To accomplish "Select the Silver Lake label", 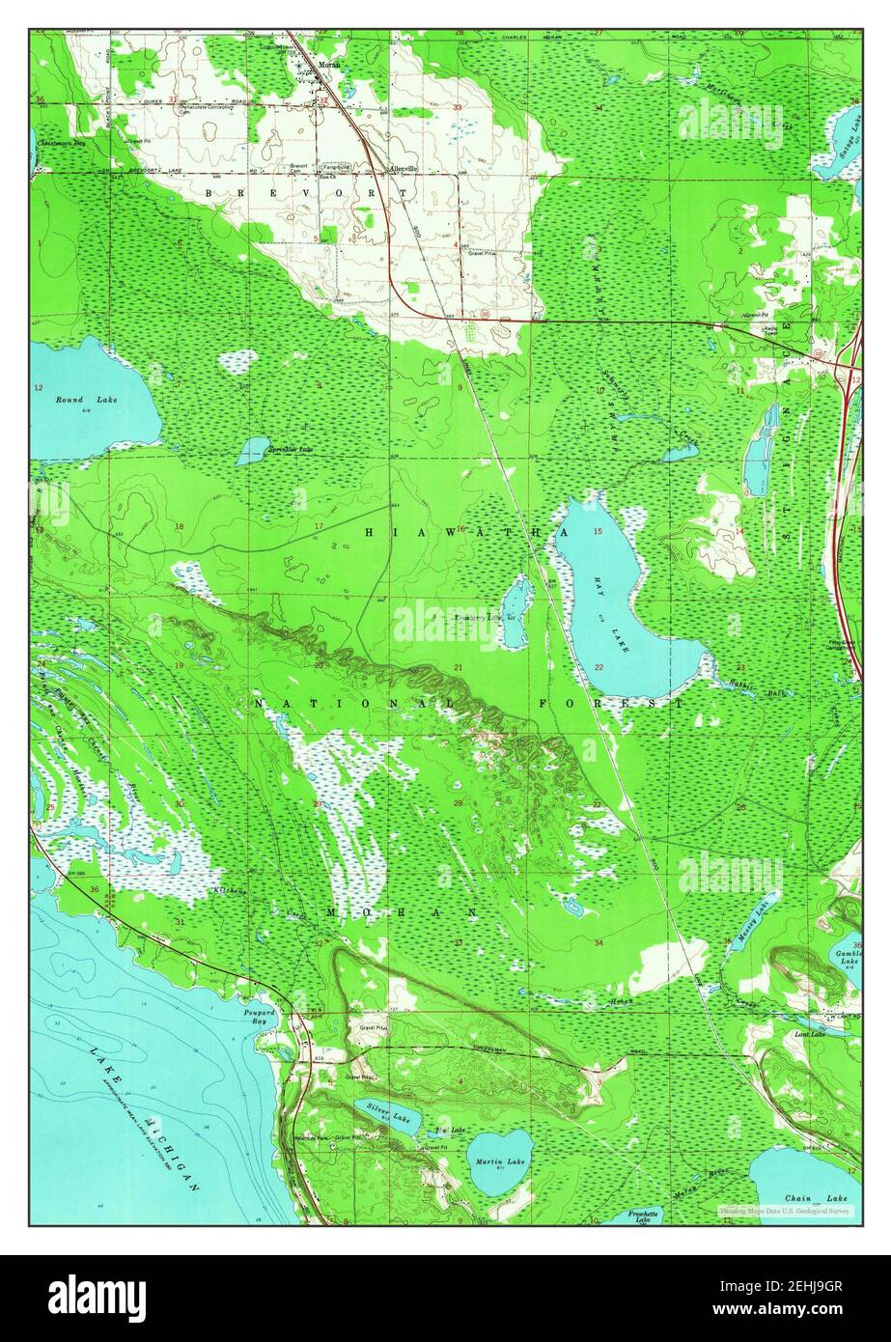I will pyautogui.click(x=389, y=1115).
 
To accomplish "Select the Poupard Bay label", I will pyautogui.click(x=258, y=1016).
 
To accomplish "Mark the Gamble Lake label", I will pyautogui.click(x=849, y=956).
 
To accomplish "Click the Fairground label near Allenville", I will pyautogui.click(x=335, y=165).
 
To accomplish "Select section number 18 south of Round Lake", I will pyautogui.click(x=180, y=526).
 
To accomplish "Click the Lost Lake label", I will pyautogui.click(x=809, y=1034).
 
